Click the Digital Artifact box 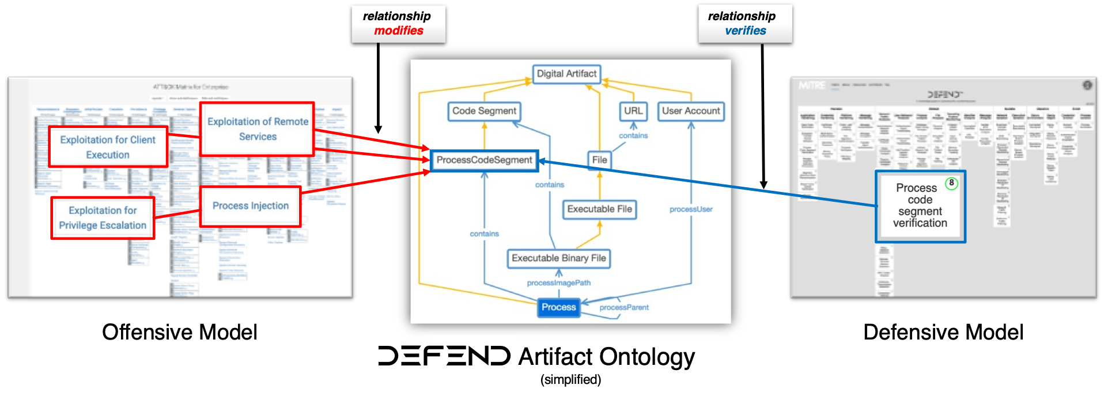[566, 74]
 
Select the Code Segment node [484, 111]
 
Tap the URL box [633, 111]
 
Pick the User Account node [691, 111]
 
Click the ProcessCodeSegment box [484, 160]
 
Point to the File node [599, 160]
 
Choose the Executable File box [599, 209]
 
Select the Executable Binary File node [558, 258]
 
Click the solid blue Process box [558, 307]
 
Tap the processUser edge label [691, 209]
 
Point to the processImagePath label [558, 283]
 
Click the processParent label [624, 308]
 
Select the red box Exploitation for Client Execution [108, 147]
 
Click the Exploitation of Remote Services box [258, 129]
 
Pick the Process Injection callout [250, 206]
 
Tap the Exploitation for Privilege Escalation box [103, 218]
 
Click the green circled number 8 [951, 183]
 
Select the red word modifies [399, 31]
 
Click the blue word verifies [745, 31]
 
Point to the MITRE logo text [812, 85]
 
